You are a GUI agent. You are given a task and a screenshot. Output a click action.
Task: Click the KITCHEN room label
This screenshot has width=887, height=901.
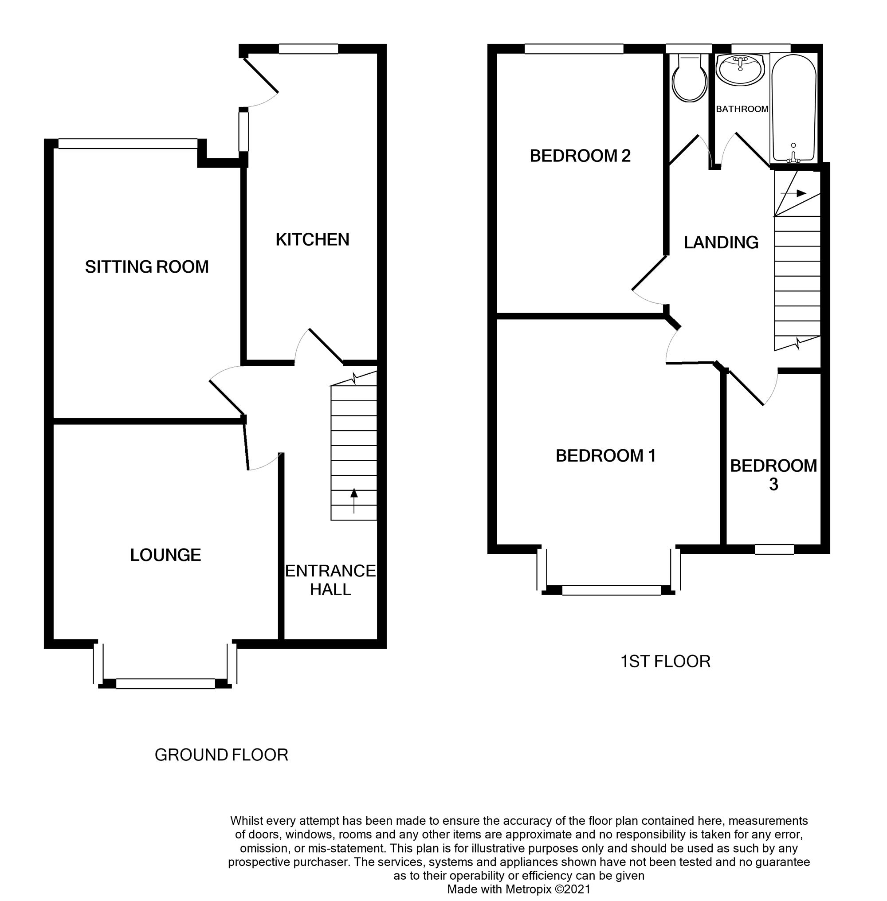pos(312,239)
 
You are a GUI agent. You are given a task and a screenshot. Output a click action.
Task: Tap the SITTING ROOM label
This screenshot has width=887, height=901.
pos(147,267)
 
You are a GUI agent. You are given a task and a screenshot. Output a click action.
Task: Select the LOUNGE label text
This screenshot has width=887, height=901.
pos(165,555)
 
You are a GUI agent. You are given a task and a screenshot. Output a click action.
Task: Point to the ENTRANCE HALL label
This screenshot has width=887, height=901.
pos(330,580)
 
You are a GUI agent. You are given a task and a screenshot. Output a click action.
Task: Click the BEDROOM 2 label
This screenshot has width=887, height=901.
pos(580,156)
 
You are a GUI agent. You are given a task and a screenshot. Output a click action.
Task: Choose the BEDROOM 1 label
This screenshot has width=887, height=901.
pos(606,456)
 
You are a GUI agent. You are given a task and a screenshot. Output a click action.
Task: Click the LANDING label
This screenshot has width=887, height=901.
pos(721,242)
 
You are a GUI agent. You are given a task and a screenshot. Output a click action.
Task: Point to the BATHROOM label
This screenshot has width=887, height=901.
pos(742,109)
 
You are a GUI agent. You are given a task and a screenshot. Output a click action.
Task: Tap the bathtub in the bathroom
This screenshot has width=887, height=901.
pos(793,107)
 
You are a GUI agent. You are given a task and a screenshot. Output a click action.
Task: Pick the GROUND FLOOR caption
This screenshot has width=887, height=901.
pos(221,755)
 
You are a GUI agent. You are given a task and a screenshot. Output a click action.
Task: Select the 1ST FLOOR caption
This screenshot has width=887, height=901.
pos(665,662)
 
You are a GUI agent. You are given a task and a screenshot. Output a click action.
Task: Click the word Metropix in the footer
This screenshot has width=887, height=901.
pos(529,889)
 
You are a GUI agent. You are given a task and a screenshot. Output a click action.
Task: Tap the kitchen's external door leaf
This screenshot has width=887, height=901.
pos(261,74)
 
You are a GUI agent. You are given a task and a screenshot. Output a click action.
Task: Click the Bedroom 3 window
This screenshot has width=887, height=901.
pos(774,550)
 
